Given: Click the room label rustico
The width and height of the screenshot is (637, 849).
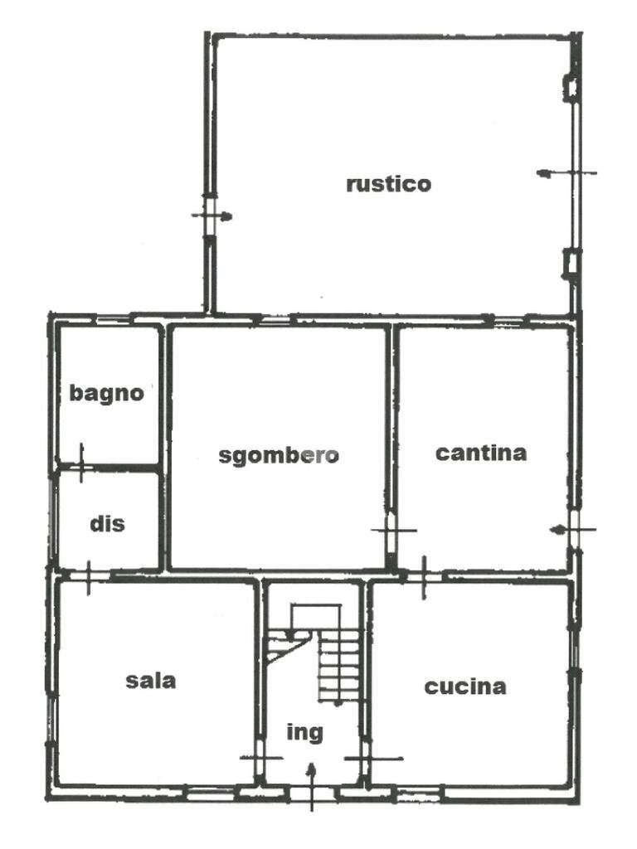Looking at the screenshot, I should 388,183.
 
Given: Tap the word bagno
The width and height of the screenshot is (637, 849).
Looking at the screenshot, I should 106,393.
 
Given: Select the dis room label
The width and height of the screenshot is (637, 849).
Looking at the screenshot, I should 107,524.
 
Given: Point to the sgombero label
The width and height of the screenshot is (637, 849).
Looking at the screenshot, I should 279,455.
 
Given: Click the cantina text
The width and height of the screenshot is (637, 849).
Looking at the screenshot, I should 481,453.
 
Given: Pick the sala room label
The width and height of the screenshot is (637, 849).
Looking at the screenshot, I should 150,681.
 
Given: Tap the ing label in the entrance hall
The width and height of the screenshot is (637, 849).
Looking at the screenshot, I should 304,733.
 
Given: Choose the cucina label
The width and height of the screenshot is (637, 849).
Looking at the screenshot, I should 465,686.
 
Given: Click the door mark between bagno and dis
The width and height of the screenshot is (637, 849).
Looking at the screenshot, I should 81,463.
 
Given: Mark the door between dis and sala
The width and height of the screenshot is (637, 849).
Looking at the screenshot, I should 88,575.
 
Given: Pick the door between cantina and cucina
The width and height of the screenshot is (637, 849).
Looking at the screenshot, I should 424,576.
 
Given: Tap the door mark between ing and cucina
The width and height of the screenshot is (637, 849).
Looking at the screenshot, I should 367,757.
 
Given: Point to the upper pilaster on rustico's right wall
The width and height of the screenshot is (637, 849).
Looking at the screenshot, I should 571,87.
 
